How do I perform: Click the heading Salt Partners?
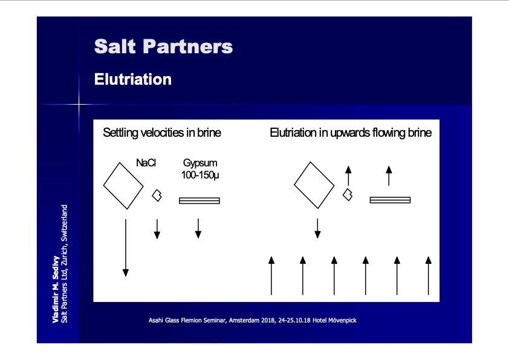[163, 46]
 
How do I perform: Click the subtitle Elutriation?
[133, 79]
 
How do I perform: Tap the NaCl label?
[146, 163]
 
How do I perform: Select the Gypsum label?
[200, 163]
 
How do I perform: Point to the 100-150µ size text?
[200, 175]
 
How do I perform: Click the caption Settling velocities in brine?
[161, 133]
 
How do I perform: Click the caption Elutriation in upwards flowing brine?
[351, 133]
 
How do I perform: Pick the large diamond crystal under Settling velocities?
[123, 186]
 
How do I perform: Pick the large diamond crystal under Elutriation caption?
[314, 185]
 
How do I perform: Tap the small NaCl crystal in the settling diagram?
[157, 195]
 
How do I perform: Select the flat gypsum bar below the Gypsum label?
[199, 201]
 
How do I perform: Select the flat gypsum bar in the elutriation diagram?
[390, 200]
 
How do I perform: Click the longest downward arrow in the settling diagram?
[126, 247]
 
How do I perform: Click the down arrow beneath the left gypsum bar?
[198, 229]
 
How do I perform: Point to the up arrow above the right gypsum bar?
[389, 176]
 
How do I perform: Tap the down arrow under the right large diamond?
[317, 228]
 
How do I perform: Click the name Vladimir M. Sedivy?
[56, 289]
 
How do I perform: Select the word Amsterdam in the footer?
[244, 320]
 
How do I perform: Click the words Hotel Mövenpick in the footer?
[334, 320]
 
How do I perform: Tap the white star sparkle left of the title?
[79, 104]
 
